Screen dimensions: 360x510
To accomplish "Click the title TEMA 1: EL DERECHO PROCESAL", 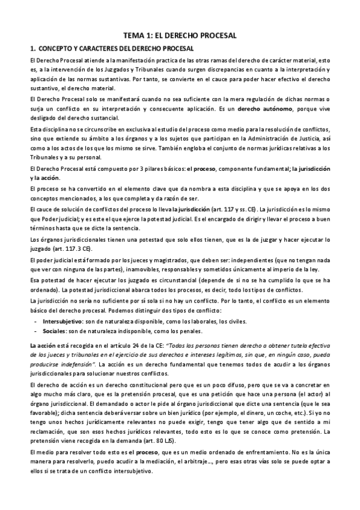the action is [180, 36].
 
